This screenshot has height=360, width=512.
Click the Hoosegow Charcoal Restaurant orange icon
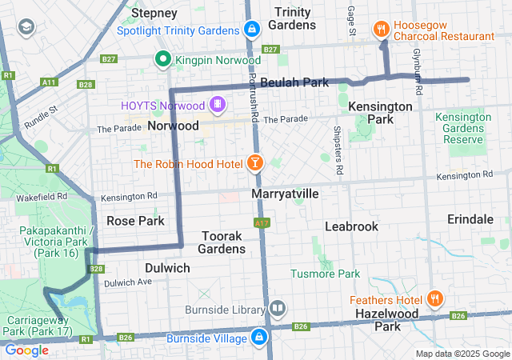382,30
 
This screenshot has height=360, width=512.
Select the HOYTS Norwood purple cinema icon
217,105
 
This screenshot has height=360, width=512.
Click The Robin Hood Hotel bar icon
255,163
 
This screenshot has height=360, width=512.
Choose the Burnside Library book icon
277,307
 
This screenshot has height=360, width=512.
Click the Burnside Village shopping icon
259,338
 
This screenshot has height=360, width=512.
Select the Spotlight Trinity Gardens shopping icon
252,30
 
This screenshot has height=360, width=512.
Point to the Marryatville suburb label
286,194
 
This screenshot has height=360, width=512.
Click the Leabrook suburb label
351,226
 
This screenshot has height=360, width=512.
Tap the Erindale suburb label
470,219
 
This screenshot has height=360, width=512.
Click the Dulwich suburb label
167,268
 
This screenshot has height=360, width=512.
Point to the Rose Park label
135,221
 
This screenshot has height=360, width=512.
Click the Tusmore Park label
326,274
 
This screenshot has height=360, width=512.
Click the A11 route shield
50,82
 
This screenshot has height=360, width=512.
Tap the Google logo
26,350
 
